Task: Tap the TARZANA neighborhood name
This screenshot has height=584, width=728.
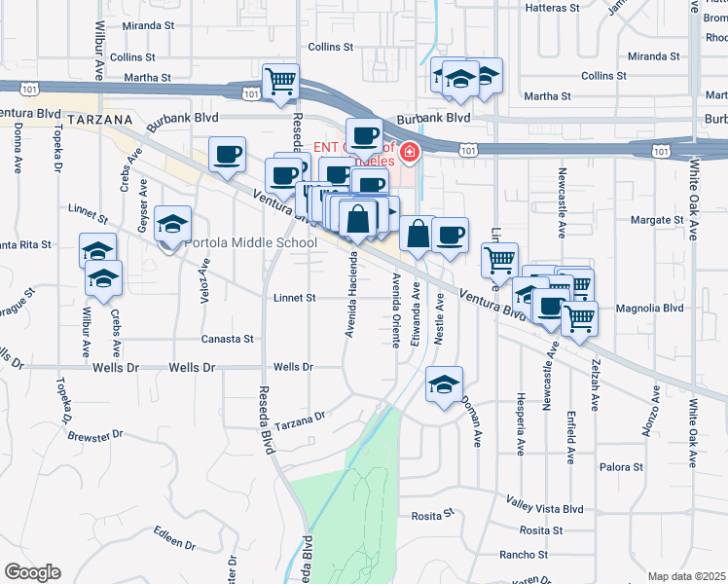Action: tap(101, 119)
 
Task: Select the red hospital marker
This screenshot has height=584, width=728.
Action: tap(410, 153)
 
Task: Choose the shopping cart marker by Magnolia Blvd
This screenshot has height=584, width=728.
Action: tap(580, 316)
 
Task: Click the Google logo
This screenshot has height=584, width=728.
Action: tap(33, 572)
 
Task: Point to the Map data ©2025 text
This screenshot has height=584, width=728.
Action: tap(686, 576)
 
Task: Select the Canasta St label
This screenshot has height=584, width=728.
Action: tap(227, 339)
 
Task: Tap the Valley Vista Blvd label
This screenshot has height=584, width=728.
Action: tap(544, 507)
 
